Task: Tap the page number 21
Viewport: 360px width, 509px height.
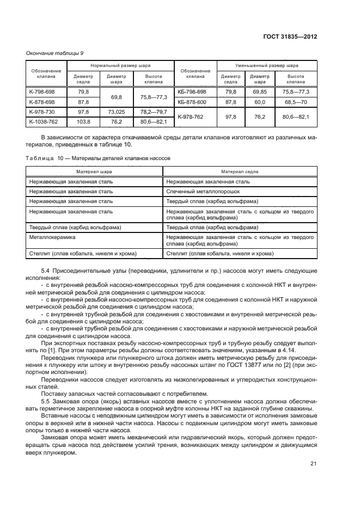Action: tap(313, 463)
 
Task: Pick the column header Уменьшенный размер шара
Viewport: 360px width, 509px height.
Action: tap(266, 64)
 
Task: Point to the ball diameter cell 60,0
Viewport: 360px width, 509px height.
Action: tap(260, 102)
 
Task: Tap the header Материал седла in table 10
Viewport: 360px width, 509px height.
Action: tap(240, 171)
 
